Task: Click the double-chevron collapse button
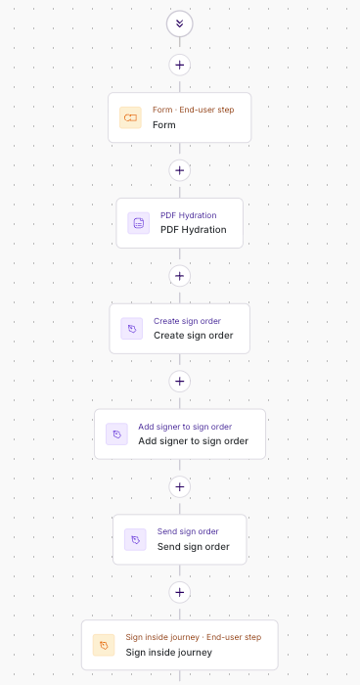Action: click(x=179, y=23)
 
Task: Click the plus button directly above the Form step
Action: click(x=179, y=65)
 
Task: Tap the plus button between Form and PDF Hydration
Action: click(x=179, y=170)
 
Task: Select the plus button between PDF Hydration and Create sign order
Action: click(x=179, y=275)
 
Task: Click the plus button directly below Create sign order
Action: click(x=179, y=381)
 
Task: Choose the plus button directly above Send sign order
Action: click(x=179, y=486)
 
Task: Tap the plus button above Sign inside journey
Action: click(x=179, y=591)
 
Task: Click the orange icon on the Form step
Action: click(x=130, y=117)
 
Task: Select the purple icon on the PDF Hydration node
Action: click(x=138, y=223)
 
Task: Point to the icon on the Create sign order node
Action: click(x=131, y=328)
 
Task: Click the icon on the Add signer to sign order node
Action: click(x=116, y=434)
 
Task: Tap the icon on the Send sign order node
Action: click(x=135, y=539)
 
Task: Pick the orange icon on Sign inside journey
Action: click(x=104, y=645)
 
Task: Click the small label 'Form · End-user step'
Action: click(x=193, y=110)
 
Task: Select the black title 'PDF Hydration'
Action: click(x=193, y=230)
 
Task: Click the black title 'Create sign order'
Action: click(x=193, y=336)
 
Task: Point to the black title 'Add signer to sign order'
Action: click(x=193, y=441)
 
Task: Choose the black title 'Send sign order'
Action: click(x=193, y=547)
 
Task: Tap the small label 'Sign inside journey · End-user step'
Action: click(x=193, y=637)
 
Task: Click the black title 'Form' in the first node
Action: click(x=164, y=125)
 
